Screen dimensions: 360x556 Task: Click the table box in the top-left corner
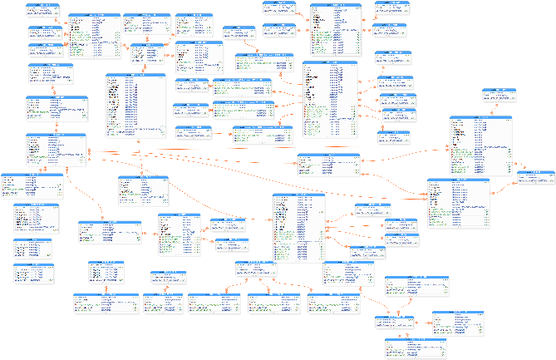(x=43, y=10)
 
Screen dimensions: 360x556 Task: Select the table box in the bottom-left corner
(x=33, y=274)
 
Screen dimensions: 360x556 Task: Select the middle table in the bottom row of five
(x=209, y=304)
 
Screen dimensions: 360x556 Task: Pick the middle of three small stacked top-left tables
(x=45, y=33)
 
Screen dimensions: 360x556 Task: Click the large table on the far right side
(x=480, y=145)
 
